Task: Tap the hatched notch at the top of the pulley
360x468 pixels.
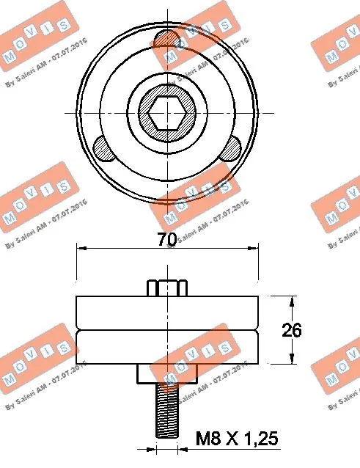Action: pos(168,37)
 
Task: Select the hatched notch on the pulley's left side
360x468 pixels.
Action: pos(103,150)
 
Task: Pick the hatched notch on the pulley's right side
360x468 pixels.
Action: pos(233,149)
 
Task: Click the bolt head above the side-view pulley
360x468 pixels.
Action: pos(168,286)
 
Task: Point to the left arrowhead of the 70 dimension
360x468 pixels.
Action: pos(81,249)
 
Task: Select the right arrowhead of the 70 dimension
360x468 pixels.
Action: pos(256,249)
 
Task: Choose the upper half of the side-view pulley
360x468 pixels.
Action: pos(168,312)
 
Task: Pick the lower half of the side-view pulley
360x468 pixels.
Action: pos(168,346)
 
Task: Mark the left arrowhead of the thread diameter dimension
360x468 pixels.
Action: pos(151,446)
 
